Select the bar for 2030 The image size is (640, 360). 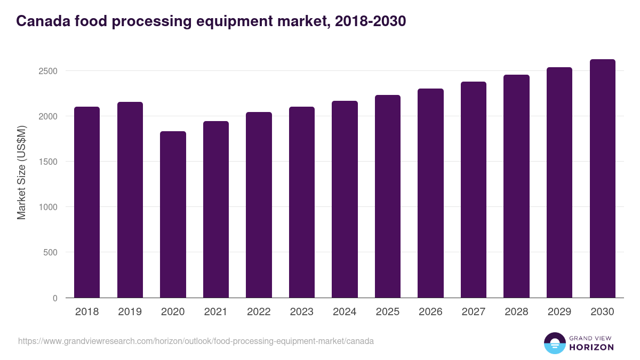point(602,179)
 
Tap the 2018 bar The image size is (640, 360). point(87,202)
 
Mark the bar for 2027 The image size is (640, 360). point(474,190)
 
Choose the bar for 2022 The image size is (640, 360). point(259,205)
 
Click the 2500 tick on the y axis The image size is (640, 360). point(48,71)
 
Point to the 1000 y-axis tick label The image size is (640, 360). point(48,207)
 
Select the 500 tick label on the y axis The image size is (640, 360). point(51,252)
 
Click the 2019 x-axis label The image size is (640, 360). point(130,312)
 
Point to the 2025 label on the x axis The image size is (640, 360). point(388,312)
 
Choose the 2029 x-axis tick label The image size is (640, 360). point(559,312)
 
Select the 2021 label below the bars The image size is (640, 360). point(216,312)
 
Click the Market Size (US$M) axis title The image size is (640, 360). point(21,172)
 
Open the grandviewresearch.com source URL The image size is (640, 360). point(196,341)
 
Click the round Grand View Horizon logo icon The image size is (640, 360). point(554,343)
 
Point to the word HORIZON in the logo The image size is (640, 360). point(591,347)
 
